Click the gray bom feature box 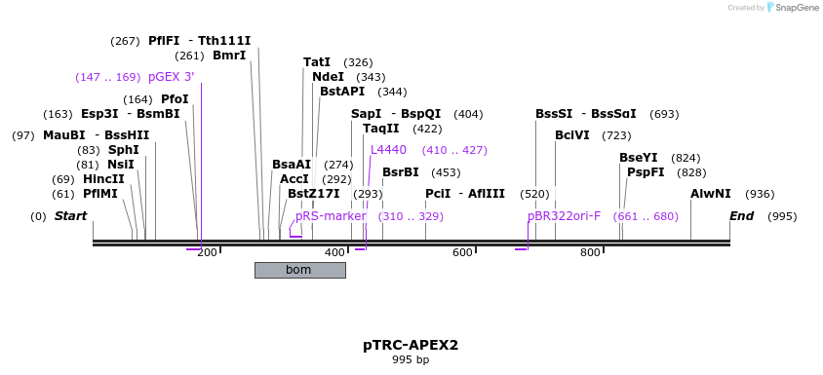coord(299,270)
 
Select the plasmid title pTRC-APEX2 coord(411,345)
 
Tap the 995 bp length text coord(411,360)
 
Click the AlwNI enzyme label coord(710,194)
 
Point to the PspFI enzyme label coord(646,172)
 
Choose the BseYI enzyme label coord(639,158)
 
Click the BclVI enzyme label coord(572,135)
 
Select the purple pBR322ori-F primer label coord(564,216)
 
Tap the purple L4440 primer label coord(388,150)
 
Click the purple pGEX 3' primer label coord(172,77)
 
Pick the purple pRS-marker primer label coord(331,216)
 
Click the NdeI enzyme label coord(328,77)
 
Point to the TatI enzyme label coord(317,62)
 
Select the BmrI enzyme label coord(229,56)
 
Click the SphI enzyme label coord(123,150)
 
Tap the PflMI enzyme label coord(100,194)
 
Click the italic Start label coord(70,216)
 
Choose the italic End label coord(741,216)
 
